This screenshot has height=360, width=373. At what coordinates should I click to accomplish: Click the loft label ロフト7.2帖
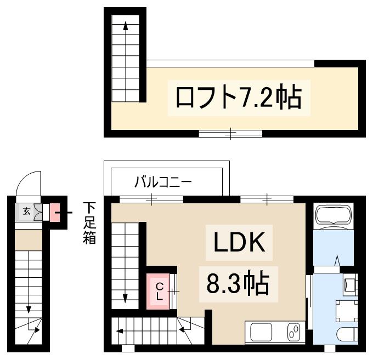pyautogui.click(x=238, y=97)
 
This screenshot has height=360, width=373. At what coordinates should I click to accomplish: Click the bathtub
pyautogui.click(x=334, y=216)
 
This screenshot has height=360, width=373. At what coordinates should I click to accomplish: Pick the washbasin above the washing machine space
pyautogui.click(x=350, y=284)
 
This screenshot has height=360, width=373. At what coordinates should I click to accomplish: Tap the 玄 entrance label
pyautogui.click(x=26, y=210)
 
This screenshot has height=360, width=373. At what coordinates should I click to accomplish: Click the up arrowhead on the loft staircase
pyautogui.click(x=126, y=26)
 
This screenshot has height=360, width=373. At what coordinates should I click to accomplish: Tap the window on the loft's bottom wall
pyautogui.click(x=230, y=133)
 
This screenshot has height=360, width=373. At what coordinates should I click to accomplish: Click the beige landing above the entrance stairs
pyautogui.click(x=28, y=239)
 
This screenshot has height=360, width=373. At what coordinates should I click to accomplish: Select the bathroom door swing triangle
pyautogui.click(x=337, y=261)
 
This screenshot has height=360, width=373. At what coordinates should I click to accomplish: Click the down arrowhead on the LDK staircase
pyautogui.click(x=126, y=299)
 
